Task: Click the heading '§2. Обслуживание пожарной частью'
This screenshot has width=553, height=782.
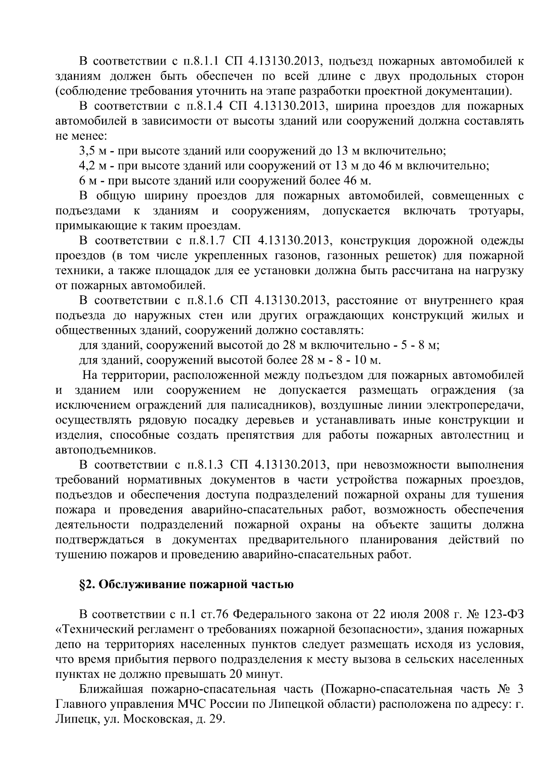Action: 186,585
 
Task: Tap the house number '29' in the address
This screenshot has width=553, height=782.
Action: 215,720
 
